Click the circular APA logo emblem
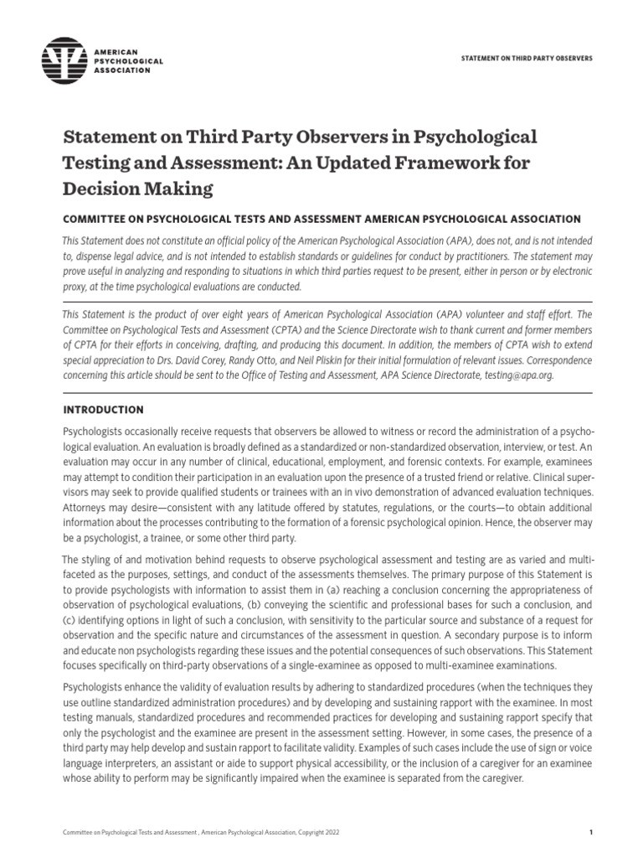[64, 59]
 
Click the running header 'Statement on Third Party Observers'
[527, 59]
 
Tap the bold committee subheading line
[321, 219]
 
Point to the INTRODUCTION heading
[104, 410]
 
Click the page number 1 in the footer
[590, 832]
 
